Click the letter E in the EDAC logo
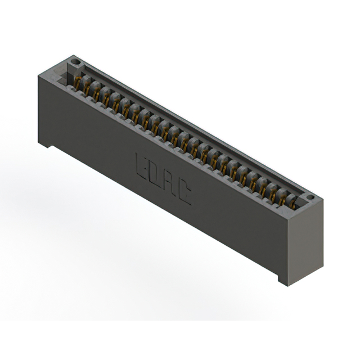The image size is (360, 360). (x=142, y=164)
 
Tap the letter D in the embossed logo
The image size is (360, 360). (x=155, y=173)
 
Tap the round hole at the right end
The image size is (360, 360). (x=310, y=197)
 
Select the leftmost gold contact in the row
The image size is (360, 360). (x=78, y=83)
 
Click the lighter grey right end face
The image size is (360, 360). (x=307, y=242)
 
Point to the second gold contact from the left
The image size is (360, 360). (x=88, y=88)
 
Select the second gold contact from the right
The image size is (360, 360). (x=282, y=197)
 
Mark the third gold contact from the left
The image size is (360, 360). (x=97, y=94)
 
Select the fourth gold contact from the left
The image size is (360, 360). (x=107, y=100)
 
